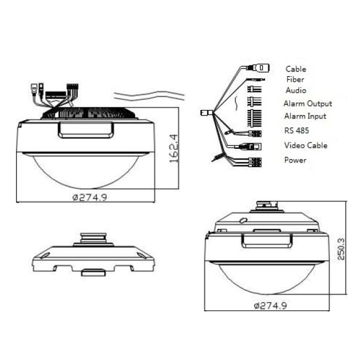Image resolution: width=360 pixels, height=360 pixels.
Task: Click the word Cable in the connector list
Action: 295,69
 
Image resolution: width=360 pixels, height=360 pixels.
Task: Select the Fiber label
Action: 295,80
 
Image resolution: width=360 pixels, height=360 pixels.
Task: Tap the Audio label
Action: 295,90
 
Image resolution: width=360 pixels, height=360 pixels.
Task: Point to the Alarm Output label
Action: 307,104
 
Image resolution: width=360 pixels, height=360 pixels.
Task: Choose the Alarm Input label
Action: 305,116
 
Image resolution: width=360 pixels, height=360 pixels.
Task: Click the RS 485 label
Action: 296,130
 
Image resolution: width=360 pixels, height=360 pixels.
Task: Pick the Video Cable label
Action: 306,145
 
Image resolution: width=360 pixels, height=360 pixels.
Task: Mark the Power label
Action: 295,160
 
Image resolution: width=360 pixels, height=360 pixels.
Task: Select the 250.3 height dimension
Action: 342,249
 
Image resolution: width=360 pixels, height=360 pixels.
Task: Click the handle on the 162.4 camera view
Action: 85,130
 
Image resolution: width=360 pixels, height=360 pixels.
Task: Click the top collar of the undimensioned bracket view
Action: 93,236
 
